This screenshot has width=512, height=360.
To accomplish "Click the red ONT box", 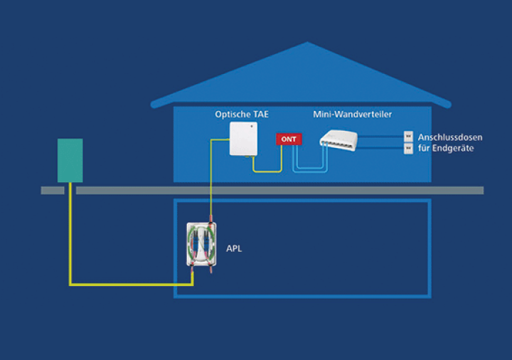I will [x=288, y=139].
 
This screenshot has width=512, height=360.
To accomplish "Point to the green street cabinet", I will [x=70, y=160].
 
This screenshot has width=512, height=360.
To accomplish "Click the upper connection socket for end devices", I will [x=408, y=135].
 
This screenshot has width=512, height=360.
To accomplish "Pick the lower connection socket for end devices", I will [x=408, y=148].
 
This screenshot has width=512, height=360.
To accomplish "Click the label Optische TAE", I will [x=242, y=114].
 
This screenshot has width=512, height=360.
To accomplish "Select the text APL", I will [x=234, y=249].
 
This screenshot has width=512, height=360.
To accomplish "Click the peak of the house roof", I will [x=307, y=43].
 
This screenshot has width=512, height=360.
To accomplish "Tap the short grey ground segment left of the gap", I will [x=53, y=190].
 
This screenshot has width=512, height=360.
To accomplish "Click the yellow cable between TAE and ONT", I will [x=267, y=171].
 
